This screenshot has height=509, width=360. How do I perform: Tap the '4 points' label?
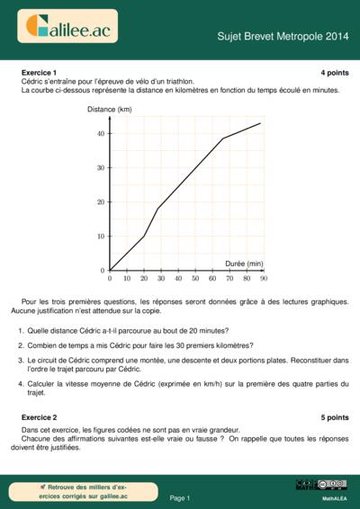[x=334, y=72]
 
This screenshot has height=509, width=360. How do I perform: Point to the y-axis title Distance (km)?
[x=109, y=109]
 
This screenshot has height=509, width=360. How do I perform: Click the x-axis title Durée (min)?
[x=243, y=263]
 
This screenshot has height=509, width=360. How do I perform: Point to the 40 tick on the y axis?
[x=102, y=133]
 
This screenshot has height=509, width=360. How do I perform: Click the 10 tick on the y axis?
[x=102, y=236]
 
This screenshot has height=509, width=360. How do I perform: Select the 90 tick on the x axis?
[x=264, y=279]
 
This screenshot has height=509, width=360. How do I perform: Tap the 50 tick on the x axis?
[x=195, y=279]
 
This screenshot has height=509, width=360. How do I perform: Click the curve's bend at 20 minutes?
[x=144, y=236]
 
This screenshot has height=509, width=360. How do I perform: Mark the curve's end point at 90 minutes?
[x=260, y=123]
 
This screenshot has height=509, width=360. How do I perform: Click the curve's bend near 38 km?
[x=222, y=138]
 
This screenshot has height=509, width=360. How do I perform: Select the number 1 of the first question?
[x=20, y=330]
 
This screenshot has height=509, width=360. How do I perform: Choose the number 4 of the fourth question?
[x=20, y=383]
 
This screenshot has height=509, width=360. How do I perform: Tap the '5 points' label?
[x=334, y=418]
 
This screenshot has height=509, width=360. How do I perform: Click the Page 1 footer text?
[x=180, y=497]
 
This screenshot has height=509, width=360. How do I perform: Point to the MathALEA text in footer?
[x=334, y=497]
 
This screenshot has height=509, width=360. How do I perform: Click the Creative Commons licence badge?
[x=320, y=485]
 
